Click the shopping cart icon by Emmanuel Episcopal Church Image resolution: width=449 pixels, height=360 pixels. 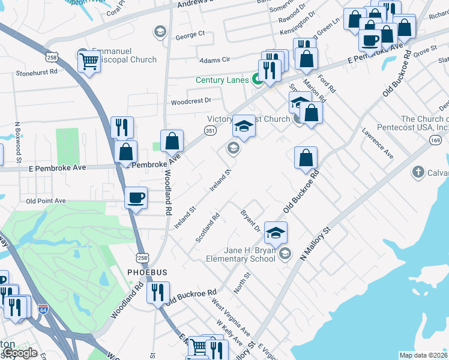pyautogui.click(x=89, y=60)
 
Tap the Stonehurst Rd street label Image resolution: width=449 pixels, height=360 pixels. pyautogui.click(x=37, y=72)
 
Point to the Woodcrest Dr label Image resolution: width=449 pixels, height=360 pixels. pyautogui.click(x=191, y=101)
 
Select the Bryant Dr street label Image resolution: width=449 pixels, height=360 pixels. pyautogui.click(x=250, y=221)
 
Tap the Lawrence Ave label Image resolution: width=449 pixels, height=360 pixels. pyautogui.click(x=377, y=143)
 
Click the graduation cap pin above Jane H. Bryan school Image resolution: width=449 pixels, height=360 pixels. pyautogui.click(x=276, y=233)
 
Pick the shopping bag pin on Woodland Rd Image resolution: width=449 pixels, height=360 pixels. pyautogui.click(x=172, y=142)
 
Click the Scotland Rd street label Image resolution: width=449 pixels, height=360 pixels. pyautogui.click(x=208, y=228)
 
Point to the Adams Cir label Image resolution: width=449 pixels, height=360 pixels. pyautogui.click(x=214, y=60)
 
